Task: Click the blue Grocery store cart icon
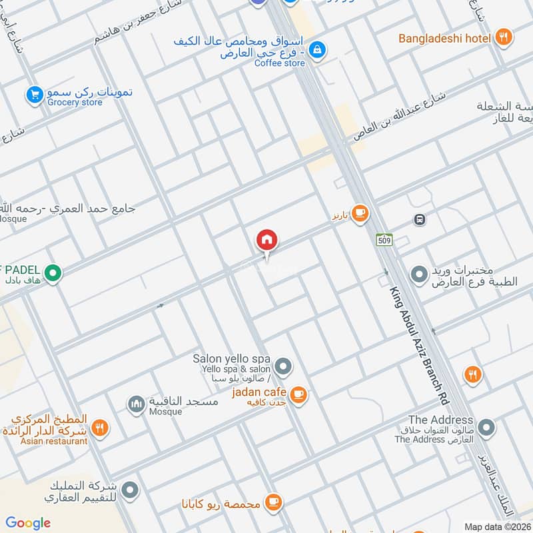pos(35,95)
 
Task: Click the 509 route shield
pos(384,240)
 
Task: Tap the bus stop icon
pos(419,219)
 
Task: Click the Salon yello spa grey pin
pos(284,366)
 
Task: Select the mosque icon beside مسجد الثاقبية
pos(136,404)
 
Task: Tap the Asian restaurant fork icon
pos(100,427)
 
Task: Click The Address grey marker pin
pos(486,427)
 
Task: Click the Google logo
pos(28,523)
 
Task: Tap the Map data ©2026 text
pos(496,526)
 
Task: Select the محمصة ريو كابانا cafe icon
pos(272,501)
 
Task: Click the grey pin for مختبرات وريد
pos(419,274)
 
